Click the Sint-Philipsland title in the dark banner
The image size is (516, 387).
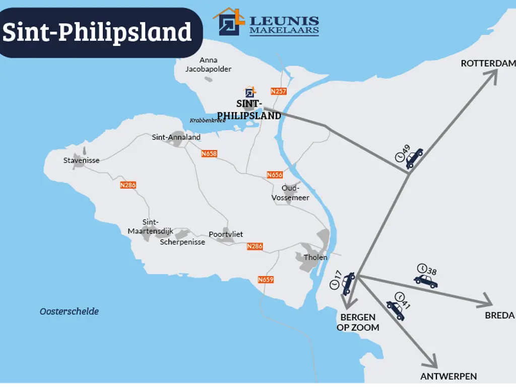[x=97, y=32]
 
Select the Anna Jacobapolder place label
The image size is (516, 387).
[x=201, y=64]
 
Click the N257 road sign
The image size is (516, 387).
[x=278, y=91]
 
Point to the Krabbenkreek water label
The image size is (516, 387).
[x=208, y=120]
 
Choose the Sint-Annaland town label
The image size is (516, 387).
[x=176, y=137]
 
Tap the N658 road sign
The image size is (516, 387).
[x=209, y=154]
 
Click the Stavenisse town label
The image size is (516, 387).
[x=81, y=160]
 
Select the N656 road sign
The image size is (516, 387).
[x=275, y=175]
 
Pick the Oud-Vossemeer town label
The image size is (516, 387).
[x=290, y=192]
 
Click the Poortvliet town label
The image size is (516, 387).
[x=226, y=234]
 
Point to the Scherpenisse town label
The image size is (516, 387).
[x=182, y=242]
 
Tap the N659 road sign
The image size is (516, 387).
[x=266, y=280]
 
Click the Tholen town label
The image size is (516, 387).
[x=315, y=257]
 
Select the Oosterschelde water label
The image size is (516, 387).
[x=69, y=311]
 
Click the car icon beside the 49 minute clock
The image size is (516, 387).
[x=414, y=158]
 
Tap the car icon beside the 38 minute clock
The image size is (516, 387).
[x=426, y=281]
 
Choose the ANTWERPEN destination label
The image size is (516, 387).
[x=448, y=376]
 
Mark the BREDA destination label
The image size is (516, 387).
[x=499, y=315]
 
